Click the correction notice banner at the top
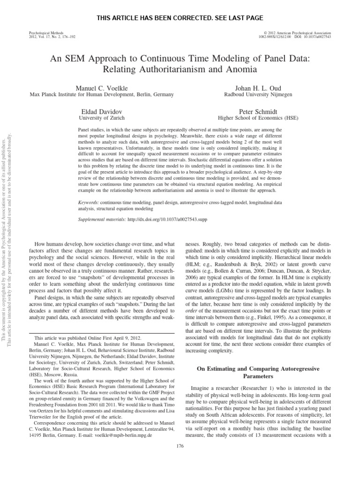point(180,18)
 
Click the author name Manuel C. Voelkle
point(102,88)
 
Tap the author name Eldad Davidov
point(102,112)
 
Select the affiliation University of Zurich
point(102,119)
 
